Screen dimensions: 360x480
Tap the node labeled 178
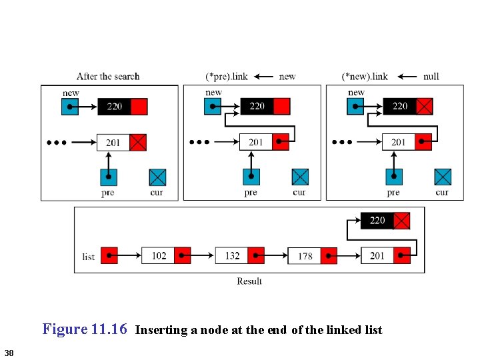[305, 256]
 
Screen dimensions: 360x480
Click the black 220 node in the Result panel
[377, 221]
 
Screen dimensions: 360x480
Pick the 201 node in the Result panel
[377, 256]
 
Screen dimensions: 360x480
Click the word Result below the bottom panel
[249, 281]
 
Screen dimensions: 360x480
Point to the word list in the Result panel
[88, 257]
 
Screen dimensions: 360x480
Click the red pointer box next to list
[109, 256]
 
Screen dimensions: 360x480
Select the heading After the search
[108, 77]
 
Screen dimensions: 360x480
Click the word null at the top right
[431, 77]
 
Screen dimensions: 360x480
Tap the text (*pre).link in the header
[226, 77]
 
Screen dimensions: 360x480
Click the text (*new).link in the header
[365, 77]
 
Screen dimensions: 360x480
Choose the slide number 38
[9, 352]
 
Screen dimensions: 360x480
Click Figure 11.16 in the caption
[85, 329]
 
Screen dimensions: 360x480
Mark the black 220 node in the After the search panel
[115, 107]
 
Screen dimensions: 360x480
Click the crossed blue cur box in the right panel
[443, 177]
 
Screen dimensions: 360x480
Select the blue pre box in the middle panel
[251, 177]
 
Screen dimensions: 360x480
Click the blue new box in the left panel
[70, 107]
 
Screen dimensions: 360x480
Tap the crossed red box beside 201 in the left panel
[138, 142]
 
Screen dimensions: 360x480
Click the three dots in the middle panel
[199, 142]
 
